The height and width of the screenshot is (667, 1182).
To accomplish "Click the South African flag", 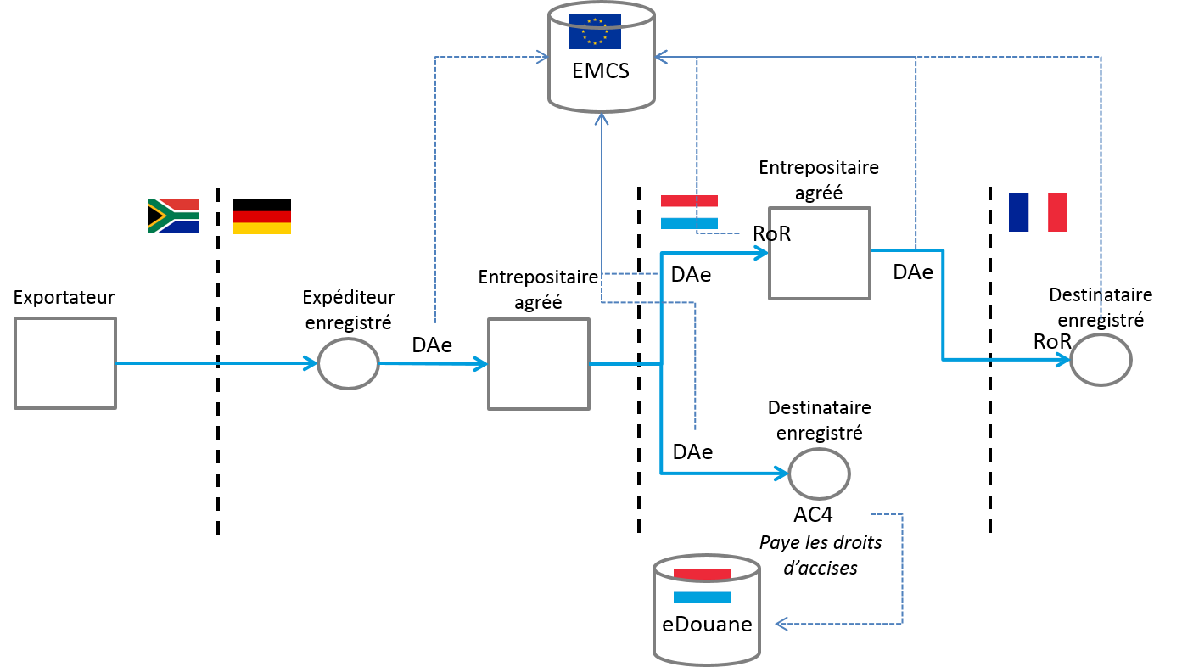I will pos(173,216).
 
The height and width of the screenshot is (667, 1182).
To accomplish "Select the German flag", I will pos(262,222).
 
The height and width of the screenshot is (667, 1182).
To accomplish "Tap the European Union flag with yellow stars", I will pos(594,31).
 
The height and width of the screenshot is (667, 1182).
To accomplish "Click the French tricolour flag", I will pos(1038,212).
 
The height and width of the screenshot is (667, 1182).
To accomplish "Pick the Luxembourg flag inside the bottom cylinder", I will pos(702,586).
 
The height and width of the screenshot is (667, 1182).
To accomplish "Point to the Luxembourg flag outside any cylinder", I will pos(689,212).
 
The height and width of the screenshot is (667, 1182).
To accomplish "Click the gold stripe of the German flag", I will pos(262,229).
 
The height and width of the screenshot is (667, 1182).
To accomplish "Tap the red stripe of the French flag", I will pos(1057,212).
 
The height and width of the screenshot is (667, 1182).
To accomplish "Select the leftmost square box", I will pos(65,363).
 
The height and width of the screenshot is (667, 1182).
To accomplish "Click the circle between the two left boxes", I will pos(348,363).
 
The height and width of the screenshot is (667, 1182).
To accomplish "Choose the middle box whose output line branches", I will pos(539,364).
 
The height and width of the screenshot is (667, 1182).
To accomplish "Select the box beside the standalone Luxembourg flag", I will pos(820,253).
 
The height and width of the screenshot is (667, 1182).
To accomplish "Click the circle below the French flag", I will pos(1101,360).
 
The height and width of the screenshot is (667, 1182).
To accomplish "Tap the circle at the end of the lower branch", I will pos(819,474).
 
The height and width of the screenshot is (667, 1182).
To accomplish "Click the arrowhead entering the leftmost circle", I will pos(311,363).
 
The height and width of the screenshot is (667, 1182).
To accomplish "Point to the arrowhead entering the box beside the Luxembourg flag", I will pos(763,253).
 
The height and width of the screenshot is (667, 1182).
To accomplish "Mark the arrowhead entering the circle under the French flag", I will pos(1063,360).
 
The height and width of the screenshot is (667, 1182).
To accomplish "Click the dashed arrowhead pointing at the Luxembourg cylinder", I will pos(781,624).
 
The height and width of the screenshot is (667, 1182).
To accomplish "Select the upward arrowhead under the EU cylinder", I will pos(602,118).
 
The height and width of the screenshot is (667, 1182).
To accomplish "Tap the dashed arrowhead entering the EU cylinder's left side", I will pos(542,57).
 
